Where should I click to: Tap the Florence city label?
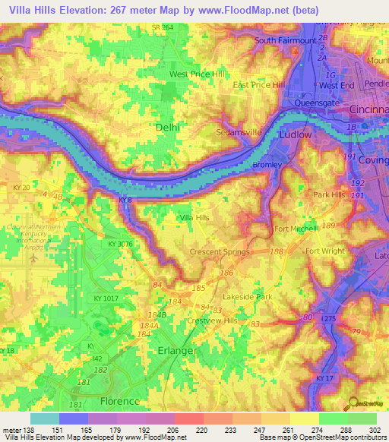coord(120,401)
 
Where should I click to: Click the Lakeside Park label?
coord(247,297)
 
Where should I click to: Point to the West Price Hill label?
coord(197,74)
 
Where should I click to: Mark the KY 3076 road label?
coord(120,245)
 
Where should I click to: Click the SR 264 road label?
coord(162,27)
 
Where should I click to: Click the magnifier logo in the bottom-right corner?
coord(353,406)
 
